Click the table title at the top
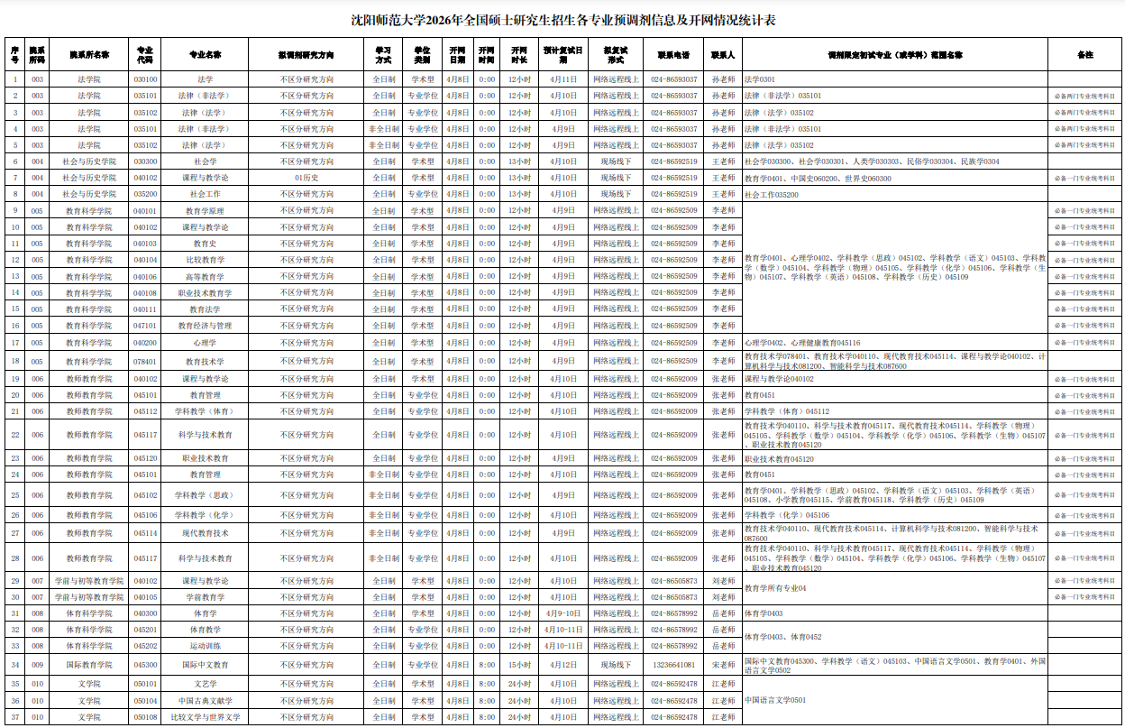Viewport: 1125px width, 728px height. pos(562,20)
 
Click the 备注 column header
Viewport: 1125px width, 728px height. pos(1084,54)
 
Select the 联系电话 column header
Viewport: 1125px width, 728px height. pos(673,54)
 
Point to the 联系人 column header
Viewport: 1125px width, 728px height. pos(723,54)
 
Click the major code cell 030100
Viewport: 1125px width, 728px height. pos(145,79)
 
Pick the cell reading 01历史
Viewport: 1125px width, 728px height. pos(306,178)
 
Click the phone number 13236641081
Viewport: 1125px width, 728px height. pos(673,665)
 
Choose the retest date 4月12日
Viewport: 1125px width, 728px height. pos(563,665)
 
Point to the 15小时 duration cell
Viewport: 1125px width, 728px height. pos(519,665)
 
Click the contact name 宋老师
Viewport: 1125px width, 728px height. pos(723,665)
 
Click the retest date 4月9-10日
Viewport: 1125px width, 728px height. pos(563,613)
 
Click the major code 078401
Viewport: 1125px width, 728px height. pos(145,361)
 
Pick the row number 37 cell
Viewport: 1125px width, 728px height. pos(14,717)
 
